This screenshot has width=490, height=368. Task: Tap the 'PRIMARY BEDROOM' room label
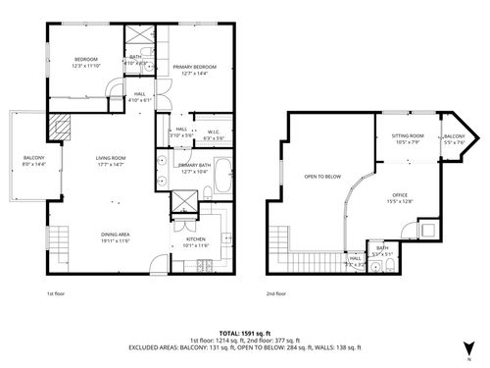(194, 67)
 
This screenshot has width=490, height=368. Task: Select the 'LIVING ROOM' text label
(110, 158)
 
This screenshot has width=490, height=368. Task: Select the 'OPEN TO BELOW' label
(322, 178)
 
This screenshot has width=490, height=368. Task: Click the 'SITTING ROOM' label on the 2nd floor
(408, 135)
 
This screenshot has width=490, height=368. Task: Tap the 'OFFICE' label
(400, 195)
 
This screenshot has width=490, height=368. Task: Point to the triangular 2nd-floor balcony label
(454, 136)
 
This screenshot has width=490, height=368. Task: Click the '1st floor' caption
(57, 292)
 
